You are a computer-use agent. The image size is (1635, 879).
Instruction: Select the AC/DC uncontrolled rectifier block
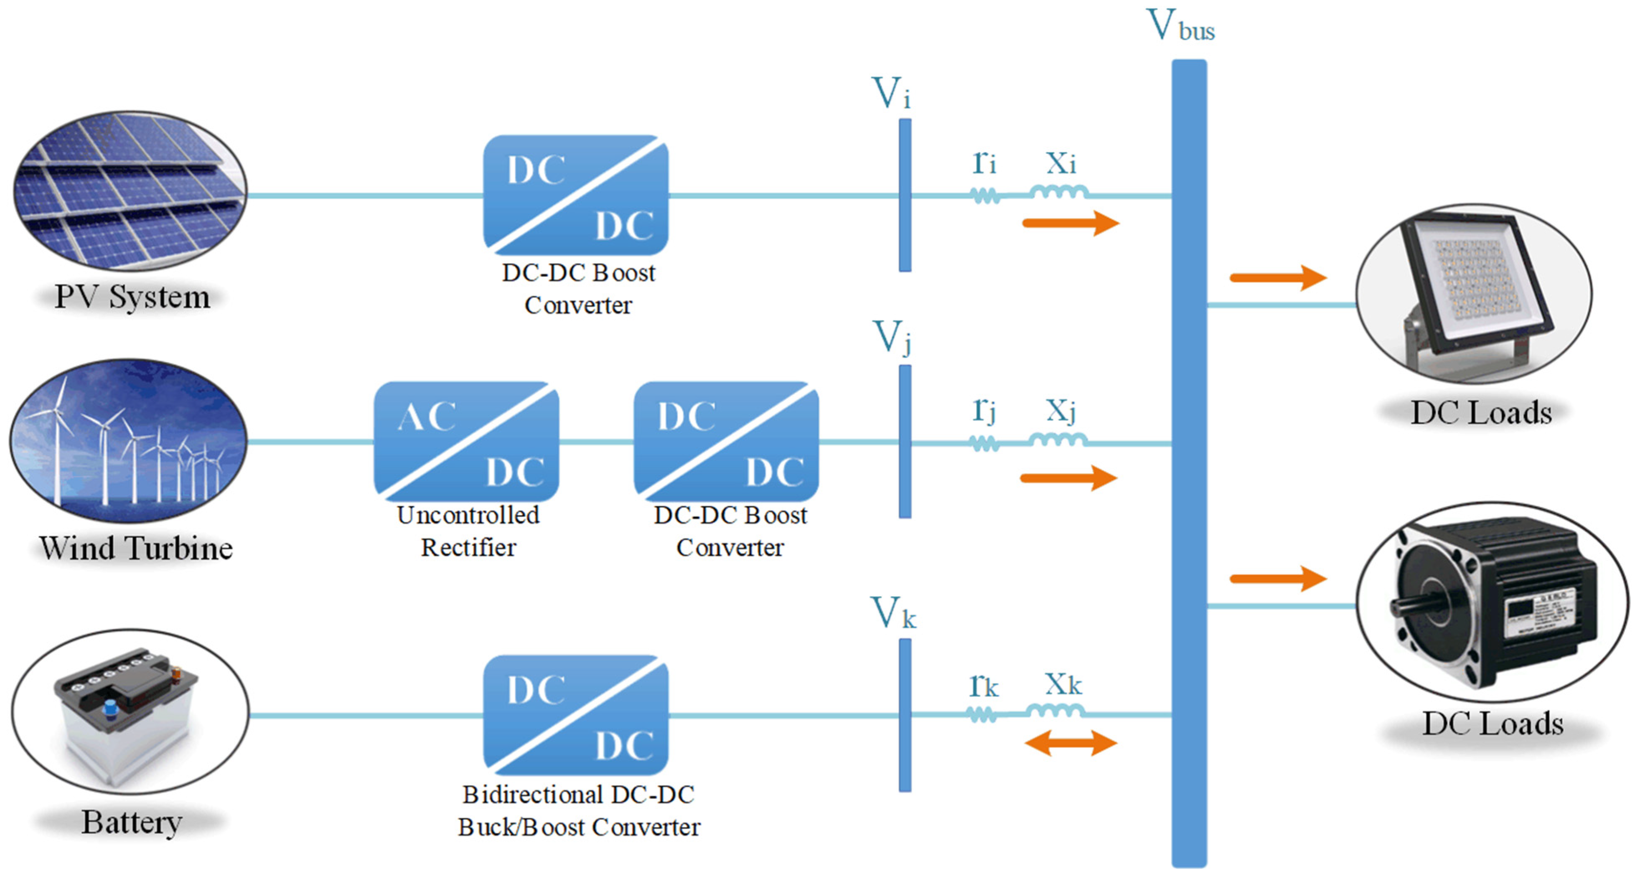[466, 442]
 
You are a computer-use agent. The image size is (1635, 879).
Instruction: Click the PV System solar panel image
[130, 191]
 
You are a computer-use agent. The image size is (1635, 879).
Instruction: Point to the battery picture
[130, 711]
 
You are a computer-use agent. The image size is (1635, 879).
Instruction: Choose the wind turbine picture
[129, 442]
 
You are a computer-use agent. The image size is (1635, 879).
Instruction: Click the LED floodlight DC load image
[1474, 293]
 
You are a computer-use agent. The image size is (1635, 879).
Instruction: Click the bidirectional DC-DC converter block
[576, 715]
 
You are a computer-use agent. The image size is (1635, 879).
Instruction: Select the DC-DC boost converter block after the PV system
[576, 195]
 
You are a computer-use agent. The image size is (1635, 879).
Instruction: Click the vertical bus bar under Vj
[905, 442]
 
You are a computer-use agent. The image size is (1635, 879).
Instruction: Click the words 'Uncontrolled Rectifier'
[468, 531]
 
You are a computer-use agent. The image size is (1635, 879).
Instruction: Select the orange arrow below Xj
[1069, 478]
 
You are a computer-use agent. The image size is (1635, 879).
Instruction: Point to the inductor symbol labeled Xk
[1055, 711]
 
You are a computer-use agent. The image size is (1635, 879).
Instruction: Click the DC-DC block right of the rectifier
[726, 442]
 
